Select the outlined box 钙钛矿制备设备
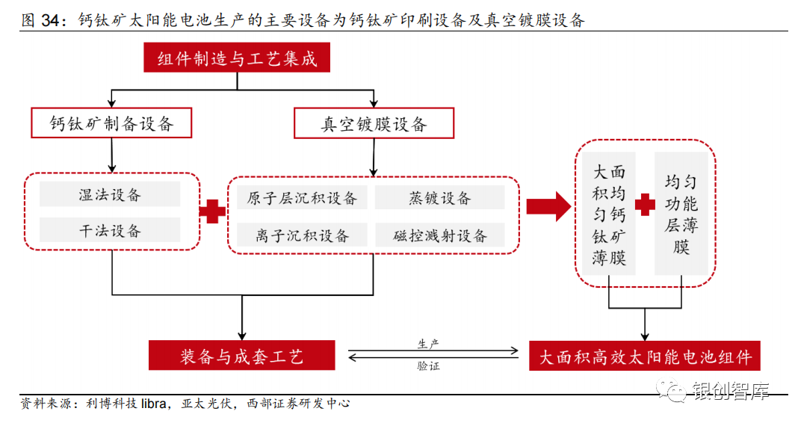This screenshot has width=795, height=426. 111,123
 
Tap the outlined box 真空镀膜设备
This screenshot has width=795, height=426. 374,123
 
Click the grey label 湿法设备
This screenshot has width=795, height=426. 110,194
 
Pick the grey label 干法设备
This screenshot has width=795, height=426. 110,230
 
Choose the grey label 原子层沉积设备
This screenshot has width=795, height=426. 302,197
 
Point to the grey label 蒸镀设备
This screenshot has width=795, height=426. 439,197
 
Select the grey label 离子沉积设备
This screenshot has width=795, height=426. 302,235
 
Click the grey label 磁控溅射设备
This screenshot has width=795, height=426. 439,235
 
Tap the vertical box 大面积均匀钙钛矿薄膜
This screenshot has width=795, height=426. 609,214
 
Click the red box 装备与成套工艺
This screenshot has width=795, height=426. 241,356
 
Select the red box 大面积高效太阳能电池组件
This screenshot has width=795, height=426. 644,356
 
